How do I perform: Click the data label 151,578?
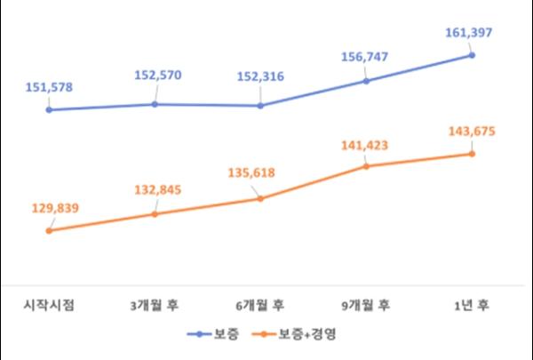click(50, 87)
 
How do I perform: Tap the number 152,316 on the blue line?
click(260, 76)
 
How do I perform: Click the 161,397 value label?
click(471, 33)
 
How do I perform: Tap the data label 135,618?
click(260, 167)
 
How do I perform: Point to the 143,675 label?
click(471, 132)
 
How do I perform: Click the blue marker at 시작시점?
click(50, 110)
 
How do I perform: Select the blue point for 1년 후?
click(471, 55)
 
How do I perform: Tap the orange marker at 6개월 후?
click(260, 198)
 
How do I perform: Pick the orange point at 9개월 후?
click(365, 166)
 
